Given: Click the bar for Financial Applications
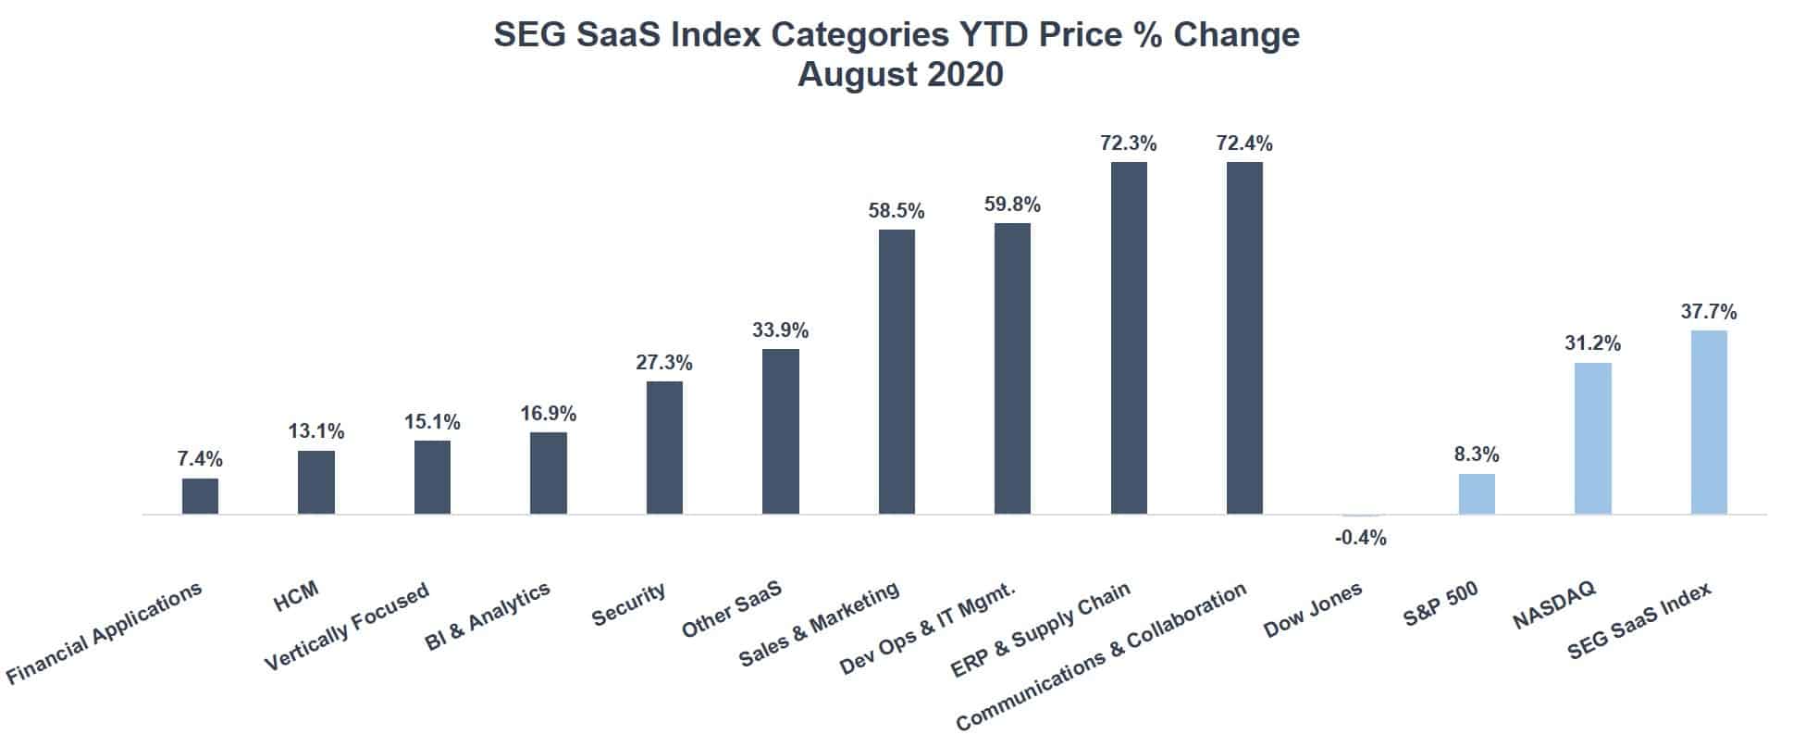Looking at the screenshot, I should pyautogui.click(x=200, y=496).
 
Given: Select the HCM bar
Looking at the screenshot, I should pyautogui.click(x=316, y=482).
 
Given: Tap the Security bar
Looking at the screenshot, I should pyautogui.click(x=664, y=447).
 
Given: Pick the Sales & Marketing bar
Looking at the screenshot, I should pyautogui.click(x=896, y=371).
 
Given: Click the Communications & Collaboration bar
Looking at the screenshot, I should pyautogui.click(x=1244, y=338).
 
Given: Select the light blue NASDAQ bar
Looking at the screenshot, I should pyautogui.click(x=1592, y=438).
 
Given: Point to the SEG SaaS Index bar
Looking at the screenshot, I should pyautogui.click(x=1709, y=422).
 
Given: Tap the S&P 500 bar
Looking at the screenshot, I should pyautogui.click(x=1477, y=493).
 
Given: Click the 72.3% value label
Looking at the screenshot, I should pyautogui.click(x=1128, y=143).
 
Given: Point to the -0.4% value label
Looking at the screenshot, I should pyautogui.click(x=1360, y=538).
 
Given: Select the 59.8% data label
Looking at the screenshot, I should pyautogui.click(x=1012, y=205).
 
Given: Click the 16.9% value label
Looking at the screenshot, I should pyautogui.click(x=548, y=413).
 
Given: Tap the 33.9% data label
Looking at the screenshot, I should pyautogui.click(x=780, y=330).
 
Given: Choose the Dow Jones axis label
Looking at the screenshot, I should pyautogui.click(x=1312, y=610).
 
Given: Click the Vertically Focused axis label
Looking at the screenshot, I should pyautogui.click(x=347, y=627).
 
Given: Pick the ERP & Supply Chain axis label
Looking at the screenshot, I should pyautogui.click(x=1040, y=629).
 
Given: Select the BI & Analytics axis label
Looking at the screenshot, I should pyautogui.click(x=487, y=616).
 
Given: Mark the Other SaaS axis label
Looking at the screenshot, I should pyautogui.click(x=731, y=609).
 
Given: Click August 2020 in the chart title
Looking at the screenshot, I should pyautogui.click(x=899, y=74).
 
